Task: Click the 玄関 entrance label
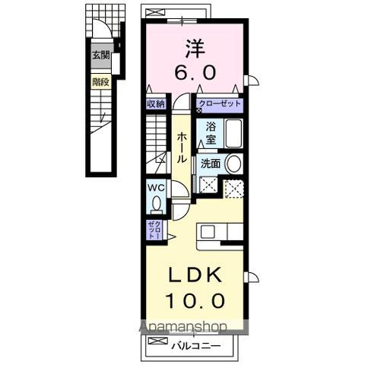click(x=101, y=55)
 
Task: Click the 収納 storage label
click(x=156, y=104)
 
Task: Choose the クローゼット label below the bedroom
click(x=219, y=104)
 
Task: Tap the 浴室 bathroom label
click(x=211, y=134)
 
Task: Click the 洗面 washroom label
click(x=211, y=163)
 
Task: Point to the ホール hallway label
click(x=182, y=148)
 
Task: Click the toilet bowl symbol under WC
click(x=156, y=204)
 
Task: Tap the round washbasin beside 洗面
click(x=233, y=163)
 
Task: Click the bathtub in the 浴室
click(x=233, y=134)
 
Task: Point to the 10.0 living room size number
click(x=195, y=300)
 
